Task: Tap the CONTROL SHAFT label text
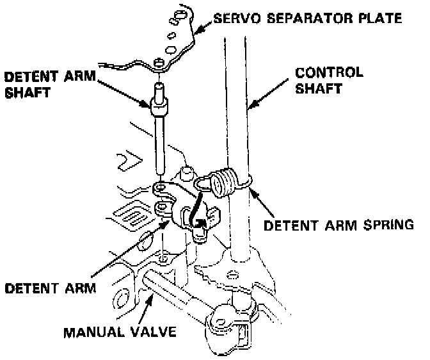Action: pyautogui.click(x=329, y=80)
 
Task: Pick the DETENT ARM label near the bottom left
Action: pyautogui.click(x=50, y=288)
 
